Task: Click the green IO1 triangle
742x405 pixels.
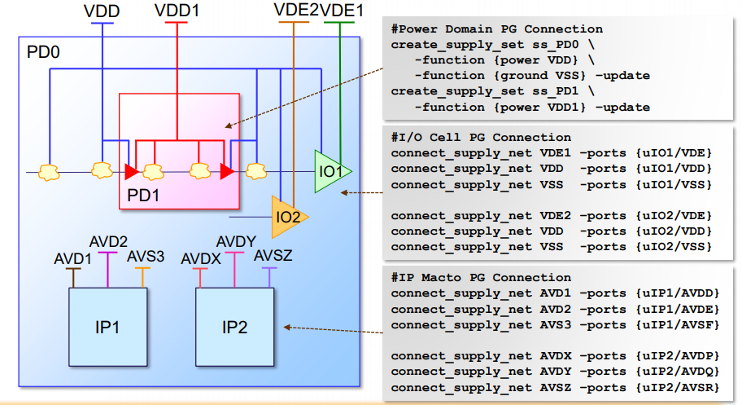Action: [330, 172]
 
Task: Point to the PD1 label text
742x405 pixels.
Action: [144, 196]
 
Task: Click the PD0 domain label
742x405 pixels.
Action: [44, 53]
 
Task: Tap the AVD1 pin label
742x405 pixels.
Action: [72, 258]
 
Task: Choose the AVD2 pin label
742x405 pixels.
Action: [108, 242]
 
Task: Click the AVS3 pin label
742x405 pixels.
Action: [146, 257]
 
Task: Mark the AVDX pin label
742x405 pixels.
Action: [201, 258]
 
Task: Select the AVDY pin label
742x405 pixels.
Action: [237, 242]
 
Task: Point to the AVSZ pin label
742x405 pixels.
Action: [273, 257]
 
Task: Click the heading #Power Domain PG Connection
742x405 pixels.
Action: [497, 29]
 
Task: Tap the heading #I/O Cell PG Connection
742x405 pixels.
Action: [481, 138]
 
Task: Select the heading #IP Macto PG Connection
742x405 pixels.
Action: [481, 278]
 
